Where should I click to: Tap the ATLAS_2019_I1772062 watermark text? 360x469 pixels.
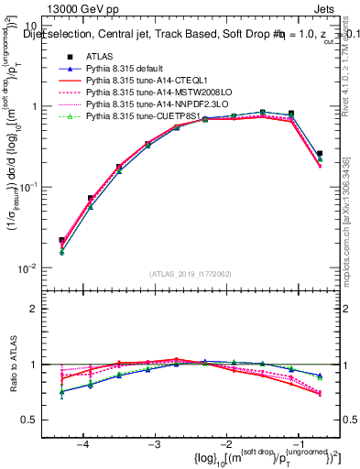(191, 273)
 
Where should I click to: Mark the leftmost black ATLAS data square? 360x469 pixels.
(61, 240)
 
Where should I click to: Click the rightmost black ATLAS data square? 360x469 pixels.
(320, 154)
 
